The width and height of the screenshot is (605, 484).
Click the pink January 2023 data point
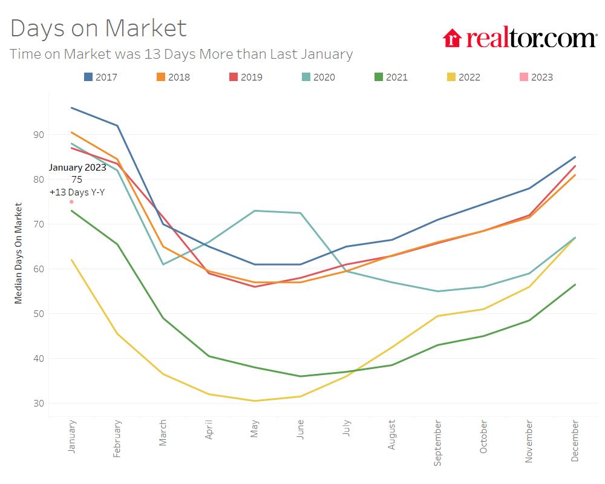tap(71, 202)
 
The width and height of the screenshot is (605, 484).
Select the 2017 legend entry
tap(100, 77)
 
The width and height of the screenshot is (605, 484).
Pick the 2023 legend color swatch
tap(523, 77)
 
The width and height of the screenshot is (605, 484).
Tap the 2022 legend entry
tap(463, 77)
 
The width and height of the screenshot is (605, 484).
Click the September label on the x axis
tap(437, 442)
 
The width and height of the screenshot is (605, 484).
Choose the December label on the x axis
tap(575, 441)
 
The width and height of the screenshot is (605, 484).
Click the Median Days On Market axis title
tap(19, 253)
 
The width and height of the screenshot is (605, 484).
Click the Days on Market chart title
tap(99, 28)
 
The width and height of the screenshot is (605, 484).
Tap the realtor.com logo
tap(520, 38)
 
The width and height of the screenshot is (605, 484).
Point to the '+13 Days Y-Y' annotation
tap(77, 192)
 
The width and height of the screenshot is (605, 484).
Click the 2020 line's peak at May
tap(255, 211)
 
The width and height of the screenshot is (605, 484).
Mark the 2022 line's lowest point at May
tap(255, 401)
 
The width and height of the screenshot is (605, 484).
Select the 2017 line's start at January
tap(71, 108)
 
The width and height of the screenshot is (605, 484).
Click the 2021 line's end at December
tap(575, 284)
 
